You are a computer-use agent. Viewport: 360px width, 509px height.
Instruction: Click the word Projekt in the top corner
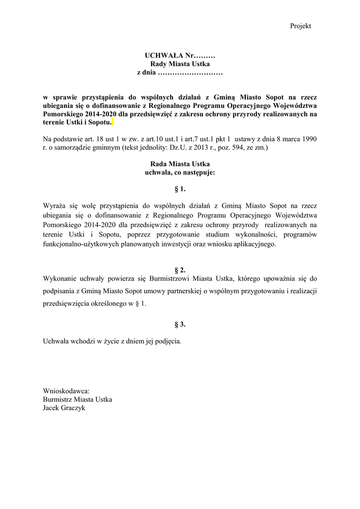tap(300, 26)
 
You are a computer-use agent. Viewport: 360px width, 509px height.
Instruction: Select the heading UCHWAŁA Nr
tap(180, 55)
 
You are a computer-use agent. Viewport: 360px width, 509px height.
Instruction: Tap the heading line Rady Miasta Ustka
tap(180, 64)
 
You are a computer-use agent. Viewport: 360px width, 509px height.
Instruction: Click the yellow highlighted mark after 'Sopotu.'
tap(113, 122)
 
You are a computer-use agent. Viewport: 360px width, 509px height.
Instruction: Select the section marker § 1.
tap(180, 189)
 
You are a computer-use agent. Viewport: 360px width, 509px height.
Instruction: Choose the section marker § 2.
tap(180, 270)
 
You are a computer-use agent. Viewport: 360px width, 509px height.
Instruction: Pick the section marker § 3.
tap(180, 325)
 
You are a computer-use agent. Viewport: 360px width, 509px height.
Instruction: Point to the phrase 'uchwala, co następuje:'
tap(180, 172)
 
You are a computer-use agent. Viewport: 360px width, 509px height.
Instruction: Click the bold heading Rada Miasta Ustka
tap(180, 164)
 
